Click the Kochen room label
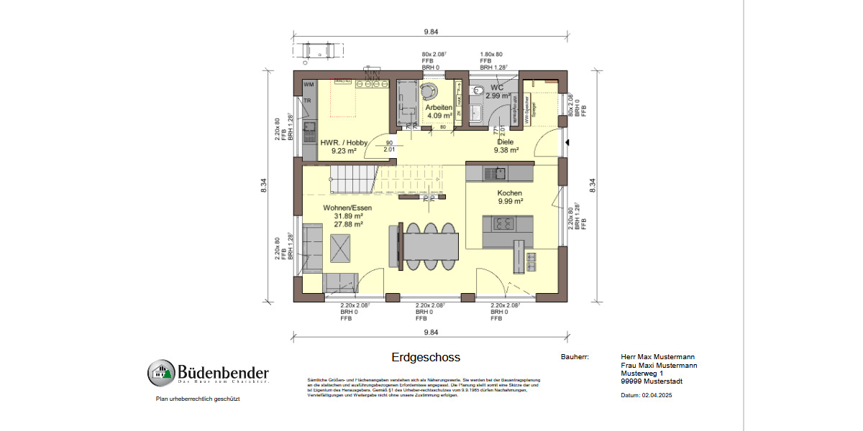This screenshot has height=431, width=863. point(509,193)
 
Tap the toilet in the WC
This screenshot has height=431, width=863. point(478,91)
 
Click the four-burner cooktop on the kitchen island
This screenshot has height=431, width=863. point(502,225)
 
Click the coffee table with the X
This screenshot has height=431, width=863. point(342,249)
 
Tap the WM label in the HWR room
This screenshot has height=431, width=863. point(309,85)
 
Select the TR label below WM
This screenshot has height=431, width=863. point(308,101)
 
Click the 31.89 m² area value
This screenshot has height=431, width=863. point(348,215)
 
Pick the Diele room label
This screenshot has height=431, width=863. point(505,142)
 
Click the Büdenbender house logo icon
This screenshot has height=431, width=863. point(162,373)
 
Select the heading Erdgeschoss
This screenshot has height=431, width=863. point(426,357)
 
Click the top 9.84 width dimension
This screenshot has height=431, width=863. point(431,32)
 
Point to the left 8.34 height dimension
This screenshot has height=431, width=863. point(264,186)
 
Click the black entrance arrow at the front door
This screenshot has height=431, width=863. point(568,142)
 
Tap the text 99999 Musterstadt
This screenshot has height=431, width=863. point(652,381)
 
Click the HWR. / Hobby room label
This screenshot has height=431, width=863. point(344,142)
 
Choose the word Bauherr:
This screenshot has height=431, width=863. point(575,356)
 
